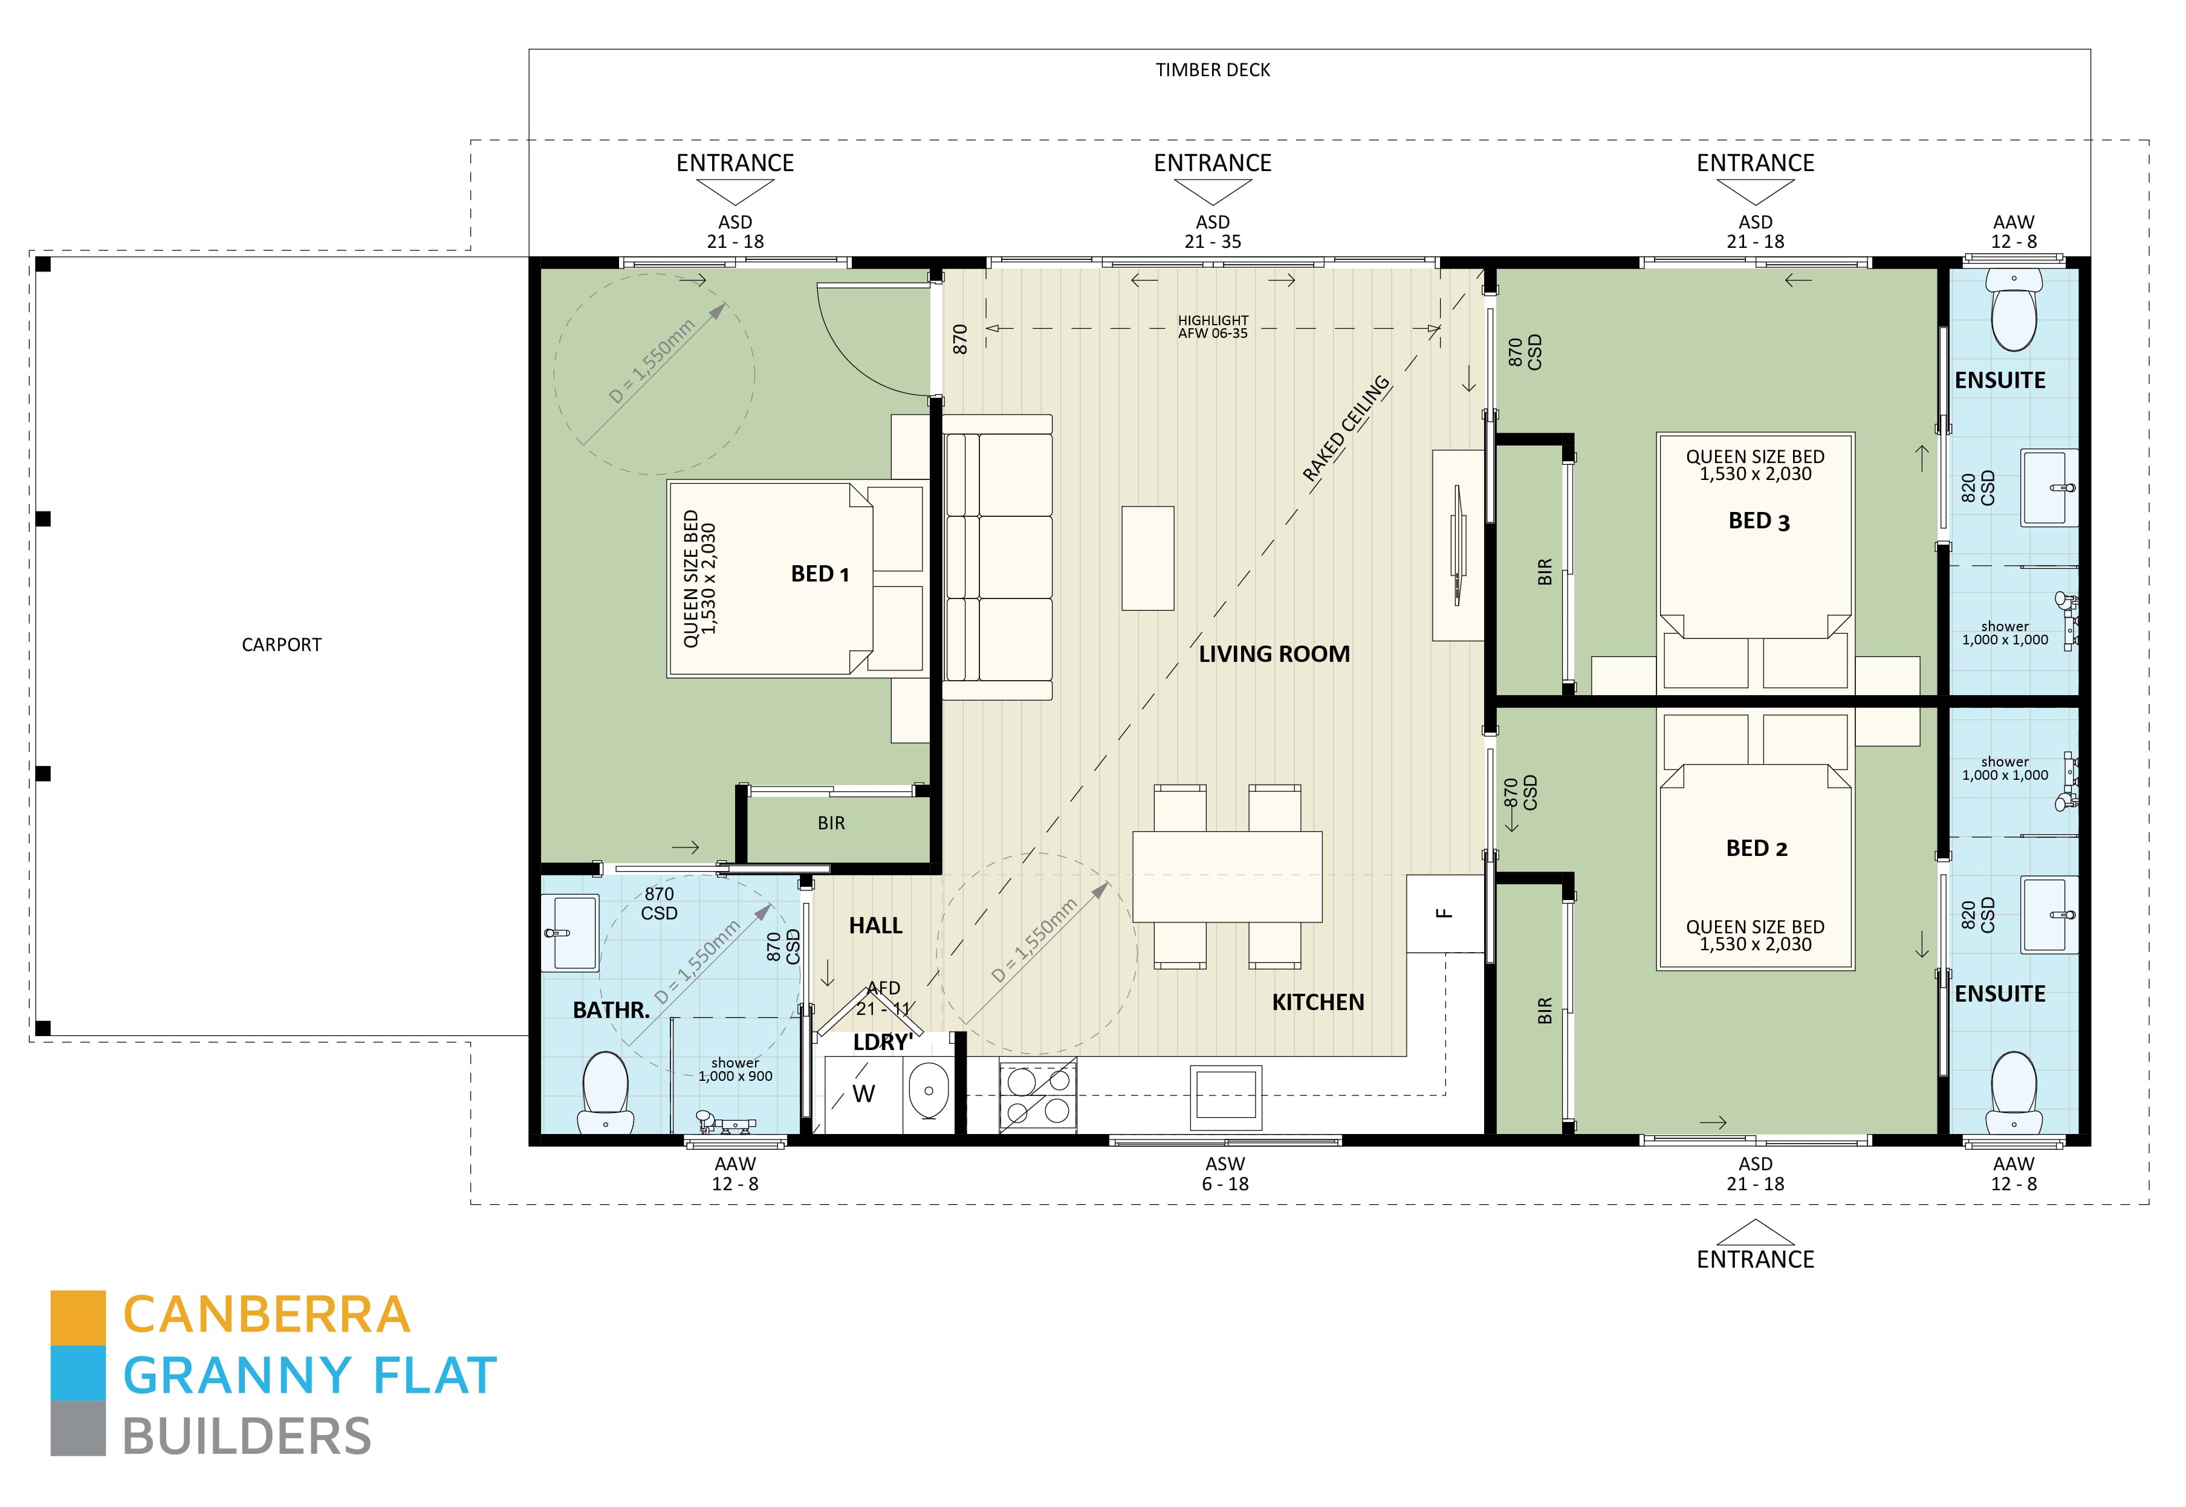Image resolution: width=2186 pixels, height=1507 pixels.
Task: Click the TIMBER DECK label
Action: (1213, 70)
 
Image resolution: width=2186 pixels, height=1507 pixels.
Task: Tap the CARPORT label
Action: (281, 645)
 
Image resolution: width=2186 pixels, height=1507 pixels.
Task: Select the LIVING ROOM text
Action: (1274, 653)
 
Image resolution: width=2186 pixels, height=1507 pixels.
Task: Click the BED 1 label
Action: (820, 574)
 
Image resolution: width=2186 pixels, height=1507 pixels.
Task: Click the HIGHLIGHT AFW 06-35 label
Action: (1213, 326)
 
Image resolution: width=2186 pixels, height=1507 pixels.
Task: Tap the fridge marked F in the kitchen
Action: (1444, 913)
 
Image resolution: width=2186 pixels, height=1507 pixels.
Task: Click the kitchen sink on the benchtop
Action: (1225, 1097)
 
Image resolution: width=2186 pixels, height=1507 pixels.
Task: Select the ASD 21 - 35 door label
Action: (1213, 232)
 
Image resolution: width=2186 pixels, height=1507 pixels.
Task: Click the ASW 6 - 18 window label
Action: (1225, 1174)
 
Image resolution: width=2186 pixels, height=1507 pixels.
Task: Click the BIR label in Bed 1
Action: (831, 823)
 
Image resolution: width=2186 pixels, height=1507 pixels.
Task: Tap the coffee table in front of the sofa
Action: (1147, 558)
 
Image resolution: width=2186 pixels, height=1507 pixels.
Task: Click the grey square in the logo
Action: (79, 1428)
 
